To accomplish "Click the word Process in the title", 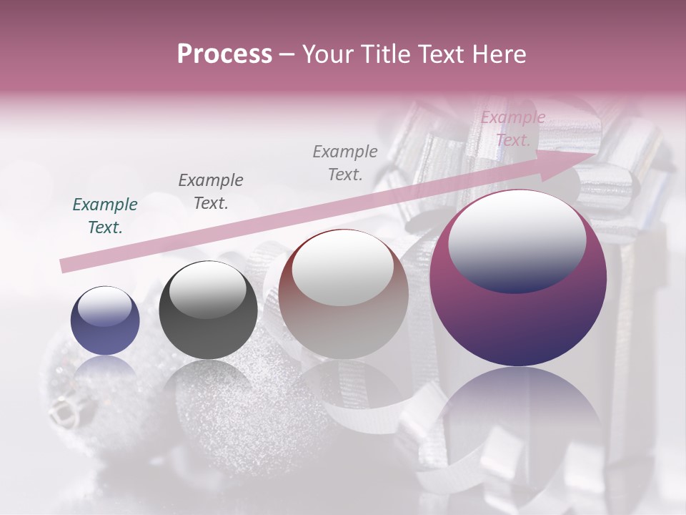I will tap(224, 54).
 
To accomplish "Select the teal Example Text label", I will tap(105, 216).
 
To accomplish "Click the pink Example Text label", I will tap(512, 129).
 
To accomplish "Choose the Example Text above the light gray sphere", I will tap(345, 162).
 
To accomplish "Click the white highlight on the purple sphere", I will tap(517, 241).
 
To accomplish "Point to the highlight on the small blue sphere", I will tap(104, 307).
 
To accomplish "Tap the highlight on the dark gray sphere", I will tap(207, 288).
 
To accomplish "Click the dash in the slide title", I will tap(287, 55).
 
